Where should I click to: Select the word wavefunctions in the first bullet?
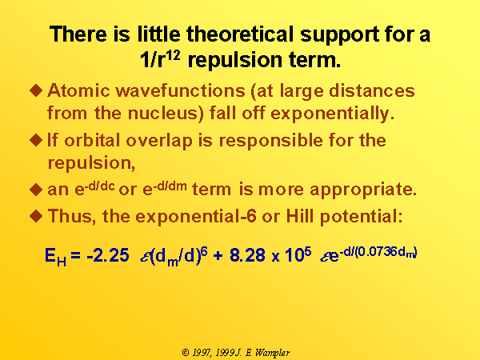click(x=180, y=90)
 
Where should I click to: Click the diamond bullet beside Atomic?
click(x=36, y=90)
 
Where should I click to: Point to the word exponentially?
click(x=332, y=114)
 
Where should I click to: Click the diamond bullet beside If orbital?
click(x=36, y=140)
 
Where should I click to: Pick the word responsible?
click(x=271, y=141)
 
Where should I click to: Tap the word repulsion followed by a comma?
click(x=91, y=163)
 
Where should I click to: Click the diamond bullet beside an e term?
click(x=36, y=190)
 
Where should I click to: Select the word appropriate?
click(x=363, y=190)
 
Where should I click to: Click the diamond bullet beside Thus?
click(x=36, y=216)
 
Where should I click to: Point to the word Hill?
click(x=300, y=216)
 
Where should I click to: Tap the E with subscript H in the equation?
click(x=55, y=257)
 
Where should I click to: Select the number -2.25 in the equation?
click(x=108, y=255)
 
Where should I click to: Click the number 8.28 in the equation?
click(x=247, y=255)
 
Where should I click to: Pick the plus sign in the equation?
click(x=218, y=256)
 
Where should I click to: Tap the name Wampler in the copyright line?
click(x=272, y=353)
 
